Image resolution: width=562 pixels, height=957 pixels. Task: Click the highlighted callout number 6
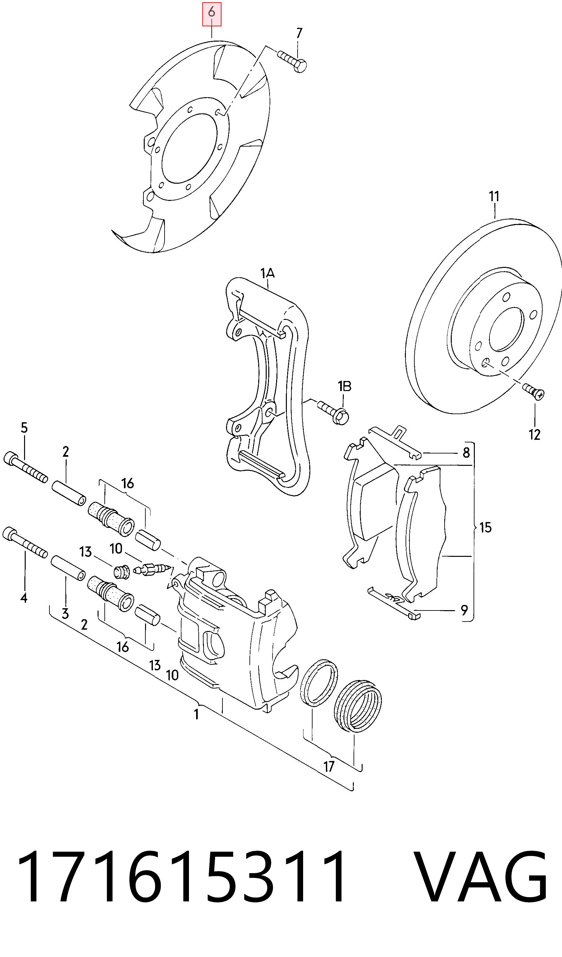click(x=212, y=13)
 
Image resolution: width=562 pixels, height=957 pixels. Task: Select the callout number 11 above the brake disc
click(x=494, y=196)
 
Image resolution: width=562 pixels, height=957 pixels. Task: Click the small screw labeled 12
click(x=533, y=391)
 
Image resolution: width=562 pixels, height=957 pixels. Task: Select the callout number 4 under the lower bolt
click(x=24, y=598)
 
